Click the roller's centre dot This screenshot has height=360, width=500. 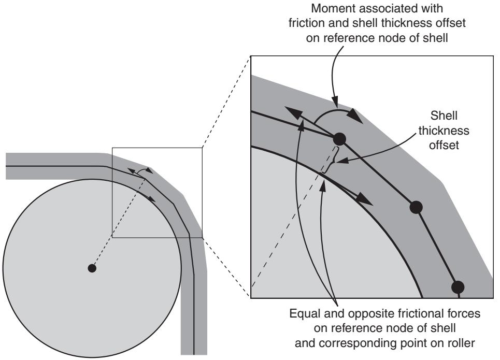pyautogui.click(x=92, y=268)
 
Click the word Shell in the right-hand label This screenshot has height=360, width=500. pyautogui.click(x=444, y=116)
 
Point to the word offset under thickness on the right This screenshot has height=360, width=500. pyautogui.click(x=444, y=145)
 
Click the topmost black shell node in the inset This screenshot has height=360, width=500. pyautogui.click(x=339, y=139)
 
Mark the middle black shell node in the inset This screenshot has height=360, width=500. pyautogui.click(x=416, y=207)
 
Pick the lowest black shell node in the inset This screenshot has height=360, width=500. pyautogui.click(x=458, y=287)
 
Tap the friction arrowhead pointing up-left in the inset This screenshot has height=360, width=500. pyautogui.click(x=293, y=112)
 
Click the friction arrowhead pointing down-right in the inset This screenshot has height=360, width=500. pyautogui.click(x=364, y=199)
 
